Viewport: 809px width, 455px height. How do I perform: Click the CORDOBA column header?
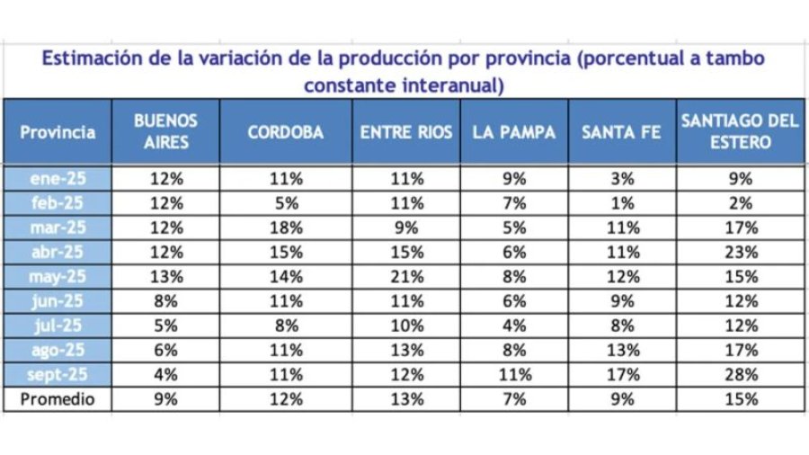pyautogui.click(x=286, y=131)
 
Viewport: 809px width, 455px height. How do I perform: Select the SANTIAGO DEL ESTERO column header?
pyautogui.click(x=740, y=131)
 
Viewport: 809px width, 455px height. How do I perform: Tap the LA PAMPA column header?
pyautogui.click(x=514, y=131)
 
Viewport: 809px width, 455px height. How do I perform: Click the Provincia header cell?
pyautogui.click(x=58, y=131)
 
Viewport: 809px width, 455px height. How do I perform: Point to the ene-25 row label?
pyautogui.click(x=58, y=178)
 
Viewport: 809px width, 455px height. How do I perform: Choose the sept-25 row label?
pyautogui.click(x=58, y=375)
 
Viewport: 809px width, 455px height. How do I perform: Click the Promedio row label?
pyautogui.click(x=58, y=398)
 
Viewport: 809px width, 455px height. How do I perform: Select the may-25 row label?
pyautogui.click(x=58, y=277)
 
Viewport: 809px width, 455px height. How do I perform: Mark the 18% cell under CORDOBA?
pyautogui.click(x=286, y=227)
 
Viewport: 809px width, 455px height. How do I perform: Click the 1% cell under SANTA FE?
pyautogui.click(x=621, y=203)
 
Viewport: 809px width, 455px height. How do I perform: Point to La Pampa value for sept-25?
pyautogui.click(x=514, y=375)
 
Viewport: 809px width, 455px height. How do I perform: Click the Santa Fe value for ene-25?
pyautogui.click(x=621, y=178)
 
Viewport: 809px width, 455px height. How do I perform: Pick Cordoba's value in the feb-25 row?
pyautogui.click(x=286, y=203)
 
